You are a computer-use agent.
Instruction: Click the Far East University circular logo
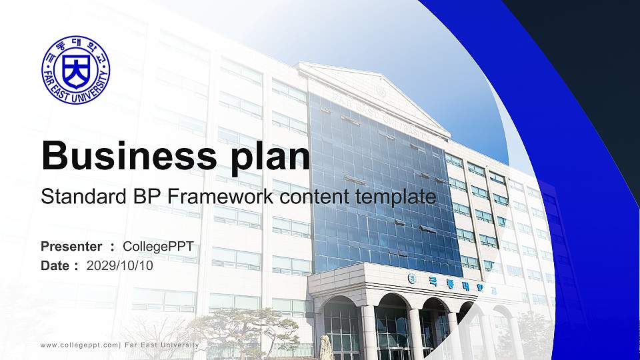[x=76, y=69]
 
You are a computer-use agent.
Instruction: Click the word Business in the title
[x=129, y=156]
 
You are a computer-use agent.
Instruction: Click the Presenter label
[x=71, y=247]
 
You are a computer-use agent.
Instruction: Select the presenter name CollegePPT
[x=159, y=247]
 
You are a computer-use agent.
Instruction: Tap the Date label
[x=55, y=266]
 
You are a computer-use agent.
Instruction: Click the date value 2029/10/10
[x=119, y=266]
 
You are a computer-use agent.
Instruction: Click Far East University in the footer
[x=162, y=345]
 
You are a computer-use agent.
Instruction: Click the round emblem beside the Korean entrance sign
[x=412, y=279]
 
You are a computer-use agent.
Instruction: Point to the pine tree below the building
[x=245, y=331]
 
